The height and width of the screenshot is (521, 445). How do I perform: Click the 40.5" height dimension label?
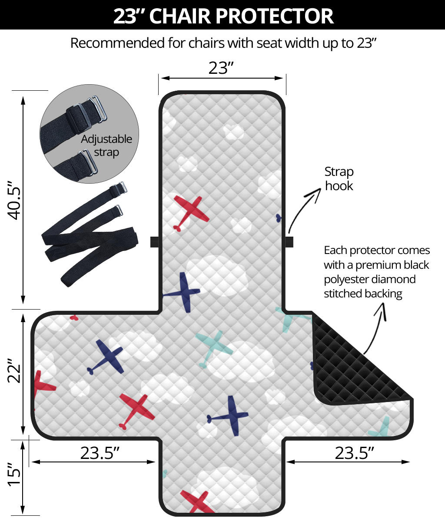tap(14, 200)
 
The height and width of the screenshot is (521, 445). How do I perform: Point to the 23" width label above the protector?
tap(221, 68)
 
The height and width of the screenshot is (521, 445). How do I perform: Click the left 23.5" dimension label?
tap(100, 453)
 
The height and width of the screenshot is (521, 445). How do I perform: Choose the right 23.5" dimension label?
tap(354, 453)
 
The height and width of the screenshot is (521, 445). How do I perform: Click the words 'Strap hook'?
tap(339, 179)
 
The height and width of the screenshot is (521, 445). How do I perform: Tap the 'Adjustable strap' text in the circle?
tap(106, 146)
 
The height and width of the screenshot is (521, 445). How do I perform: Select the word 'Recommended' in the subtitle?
tap(117, 43)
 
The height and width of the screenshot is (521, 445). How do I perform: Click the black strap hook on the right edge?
tap(289, 242)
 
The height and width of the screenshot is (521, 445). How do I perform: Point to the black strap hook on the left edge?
tap(155, 242)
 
